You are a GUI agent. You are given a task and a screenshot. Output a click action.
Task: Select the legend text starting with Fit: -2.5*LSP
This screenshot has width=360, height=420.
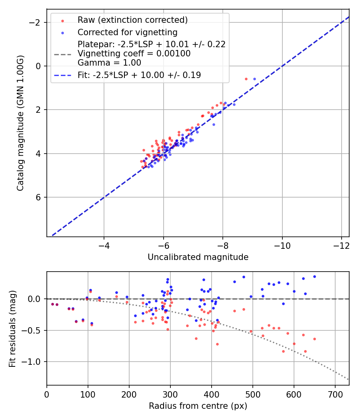[x=139, y=75]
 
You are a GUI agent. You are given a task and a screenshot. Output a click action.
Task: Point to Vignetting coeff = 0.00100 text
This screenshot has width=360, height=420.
[x=134, y=54]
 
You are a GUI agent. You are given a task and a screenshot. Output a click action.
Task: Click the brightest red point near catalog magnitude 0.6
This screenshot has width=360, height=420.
[x=246, y=79]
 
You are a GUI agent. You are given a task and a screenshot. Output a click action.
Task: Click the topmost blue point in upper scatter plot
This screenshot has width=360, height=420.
[x=254, y=79]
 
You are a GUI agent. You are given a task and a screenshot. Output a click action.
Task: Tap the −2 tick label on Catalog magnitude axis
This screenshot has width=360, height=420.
[x=37, y=22]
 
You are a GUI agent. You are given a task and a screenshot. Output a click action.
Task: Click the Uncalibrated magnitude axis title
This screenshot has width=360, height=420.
[x=198, y=257]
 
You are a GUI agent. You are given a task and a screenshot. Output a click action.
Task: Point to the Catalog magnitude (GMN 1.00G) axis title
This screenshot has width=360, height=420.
[x=20, y=123]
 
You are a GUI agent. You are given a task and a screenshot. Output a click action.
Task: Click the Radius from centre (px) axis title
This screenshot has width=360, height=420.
[x=198, y=406]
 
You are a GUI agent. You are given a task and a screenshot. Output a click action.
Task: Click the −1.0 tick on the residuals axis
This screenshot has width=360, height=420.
[x=34, y=362]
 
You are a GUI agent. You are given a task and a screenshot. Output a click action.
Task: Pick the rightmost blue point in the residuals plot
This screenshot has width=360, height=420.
[x=314, y=276]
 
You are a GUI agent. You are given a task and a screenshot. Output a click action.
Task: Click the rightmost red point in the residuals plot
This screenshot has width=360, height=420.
[x=314, y=339]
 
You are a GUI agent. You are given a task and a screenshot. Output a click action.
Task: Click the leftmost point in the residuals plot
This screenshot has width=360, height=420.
[x=52, y=304]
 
